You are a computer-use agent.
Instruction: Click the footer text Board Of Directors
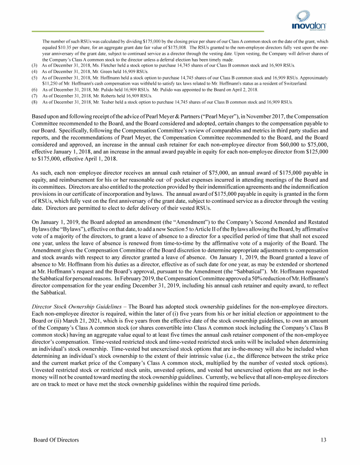pyautogui.click(x=56, y=440)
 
